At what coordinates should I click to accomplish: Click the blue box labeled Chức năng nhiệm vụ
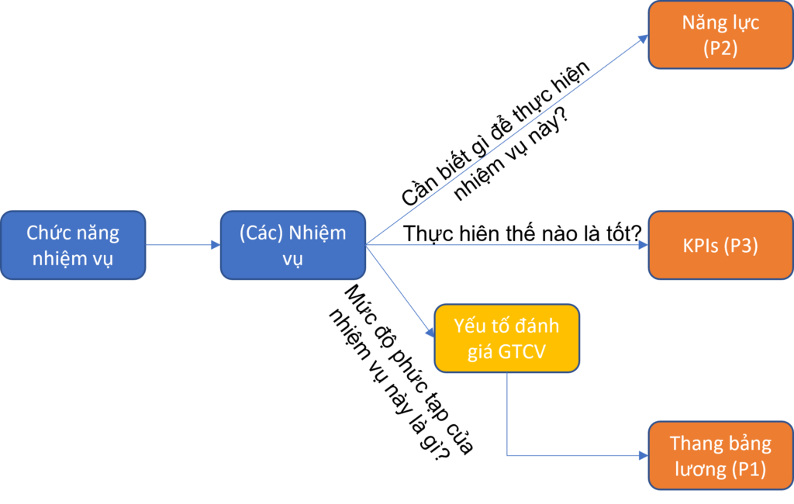pos(73,245)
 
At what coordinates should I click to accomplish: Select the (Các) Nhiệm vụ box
pos(292,245)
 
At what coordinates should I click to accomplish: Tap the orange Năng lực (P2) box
pos(720,35)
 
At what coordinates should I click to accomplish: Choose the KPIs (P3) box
pos(720,245)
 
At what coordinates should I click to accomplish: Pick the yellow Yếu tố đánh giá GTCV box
pos(506,338)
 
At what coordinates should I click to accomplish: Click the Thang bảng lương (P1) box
pos(720,456)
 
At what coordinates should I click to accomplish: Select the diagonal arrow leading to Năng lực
pos(508,140)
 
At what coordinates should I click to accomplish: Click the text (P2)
pos(720,49)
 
